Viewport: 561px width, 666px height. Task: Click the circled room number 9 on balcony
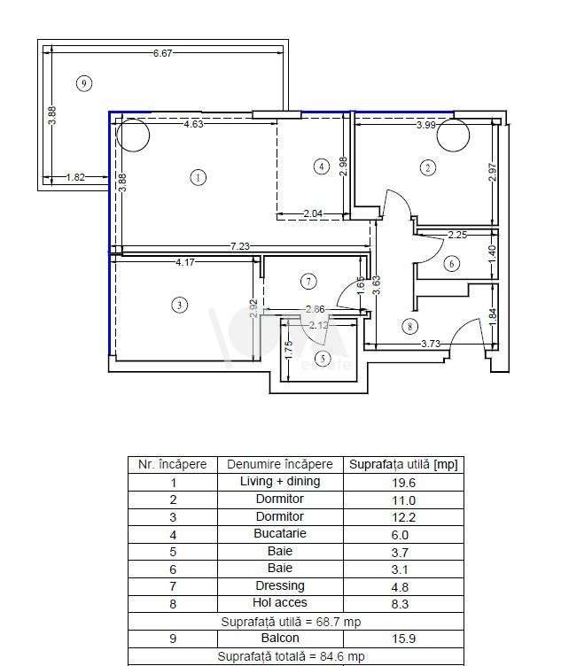pos(84,83)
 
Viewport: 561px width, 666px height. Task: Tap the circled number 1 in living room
pos(198,177)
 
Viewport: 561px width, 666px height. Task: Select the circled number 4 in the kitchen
pos(321,166)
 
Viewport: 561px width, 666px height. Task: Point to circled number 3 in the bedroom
pos(180,305)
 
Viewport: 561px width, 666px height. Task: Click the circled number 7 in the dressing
pos(308,282)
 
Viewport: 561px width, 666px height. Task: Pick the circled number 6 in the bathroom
pos(452,263)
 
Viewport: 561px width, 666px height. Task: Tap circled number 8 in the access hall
pos(409,326)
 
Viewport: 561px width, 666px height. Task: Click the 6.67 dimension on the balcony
pos(162,53)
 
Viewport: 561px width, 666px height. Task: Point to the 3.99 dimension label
pos(426,125)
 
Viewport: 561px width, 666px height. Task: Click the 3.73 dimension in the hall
pos(431,344)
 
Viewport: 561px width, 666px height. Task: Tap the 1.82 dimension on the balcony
pos(75,177)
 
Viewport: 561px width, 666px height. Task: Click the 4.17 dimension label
pos(185,261)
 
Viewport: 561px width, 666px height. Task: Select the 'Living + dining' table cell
pos(279,482)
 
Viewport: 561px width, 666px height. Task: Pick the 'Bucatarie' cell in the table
pos(279,534)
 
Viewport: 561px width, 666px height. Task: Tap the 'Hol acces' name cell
pos(279,603)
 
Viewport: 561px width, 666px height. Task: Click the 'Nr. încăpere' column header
pos(172,464)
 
